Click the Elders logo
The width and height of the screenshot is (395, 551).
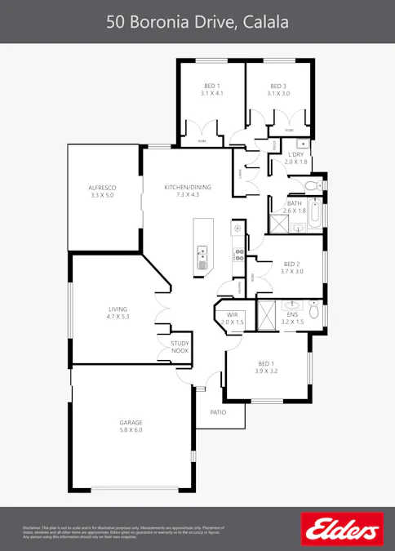342,530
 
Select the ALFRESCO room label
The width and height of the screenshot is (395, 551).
102,188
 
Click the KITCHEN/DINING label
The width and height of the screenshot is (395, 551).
181,188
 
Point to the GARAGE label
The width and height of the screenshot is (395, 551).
131,422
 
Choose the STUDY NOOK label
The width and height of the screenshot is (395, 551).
180,347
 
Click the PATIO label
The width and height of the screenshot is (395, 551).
218,412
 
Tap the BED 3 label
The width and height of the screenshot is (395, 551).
278,87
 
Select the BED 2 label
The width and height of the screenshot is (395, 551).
292,264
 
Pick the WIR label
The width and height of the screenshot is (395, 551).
232,314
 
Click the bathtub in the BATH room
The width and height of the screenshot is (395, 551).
316,215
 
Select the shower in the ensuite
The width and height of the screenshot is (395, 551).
266,313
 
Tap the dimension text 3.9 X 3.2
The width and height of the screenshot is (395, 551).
268,371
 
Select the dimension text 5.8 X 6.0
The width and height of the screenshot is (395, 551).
131,430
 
